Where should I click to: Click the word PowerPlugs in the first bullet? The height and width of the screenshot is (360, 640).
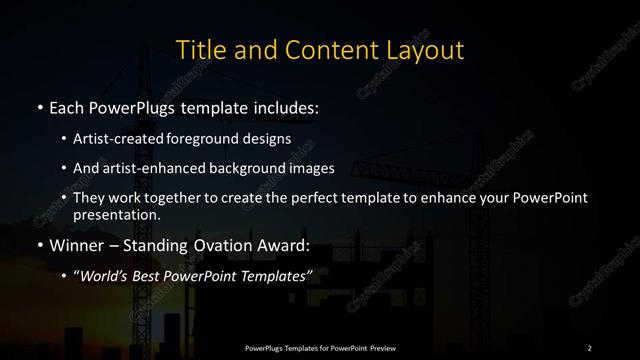click(135, 105)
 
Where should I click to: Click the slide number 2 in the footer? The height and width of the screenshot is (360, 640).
click(589, 347)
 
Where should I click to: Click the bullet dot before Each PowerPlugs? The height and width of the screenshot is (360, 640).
click(38, 106)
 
